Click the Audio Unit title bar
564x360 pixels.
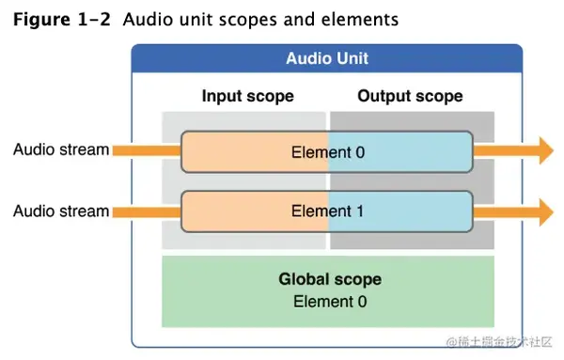click(x=327, y=59)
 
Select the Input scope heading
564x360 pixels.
click(x=247, y=96)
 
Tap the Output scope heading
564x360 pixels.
click(x=410, y=96)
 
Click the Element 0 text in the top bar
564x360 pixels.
click(x=327, y=150)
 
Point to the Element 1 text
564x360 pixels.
click(x=327, y=211)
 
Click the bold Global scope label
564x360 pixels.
click(x=330, y=279)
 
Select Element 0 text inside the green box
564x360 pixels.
click(x=330, y=301)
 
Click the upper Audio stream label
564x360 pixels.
click(x=61, y=149)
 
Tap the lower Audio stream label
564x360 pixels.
click(x=61, y=211)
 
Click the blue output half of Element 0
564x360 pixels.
click(x=414, y=150)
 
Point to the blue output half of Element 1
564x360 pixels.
click(x=414, y=211)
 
